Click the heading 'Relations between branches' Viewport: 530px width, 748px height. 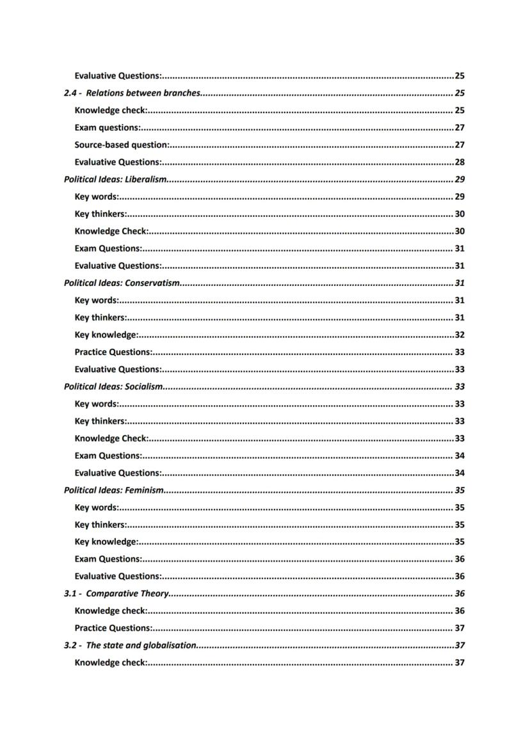(x=143, y=93)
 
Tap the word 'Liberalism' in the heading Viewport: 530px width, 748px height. (x=146, y=180)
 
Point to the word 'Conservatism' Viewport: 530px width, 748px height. (x=152, y=283)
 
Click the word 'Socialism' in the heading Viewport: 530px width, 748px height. (x=144, y=387)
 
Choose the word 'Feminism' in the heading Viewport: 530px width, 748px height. (x=145, y=491)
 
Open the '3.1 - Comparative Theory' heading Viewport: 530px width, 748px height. (x=116, y=594)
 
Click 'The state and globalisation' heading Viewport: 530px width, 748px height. (x=141, y=646)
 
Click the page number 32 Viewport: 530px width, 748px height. (x=460, y=335)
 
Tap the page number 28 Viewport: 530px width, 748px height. (x=460, y=163)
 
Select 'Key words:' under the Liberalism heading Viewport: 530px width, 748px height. (x=97, y=197)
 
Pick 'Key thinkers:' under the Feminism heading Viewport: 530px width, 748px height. (x=100, y=525)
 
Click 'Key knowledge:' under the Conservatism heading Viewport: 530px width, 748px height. (x=106, y=335)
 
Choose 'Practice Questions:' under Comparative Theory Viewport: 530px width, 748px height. (x=113, y=628)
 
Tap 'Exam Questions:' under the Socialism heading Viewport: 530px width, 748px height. (x=108, y=456)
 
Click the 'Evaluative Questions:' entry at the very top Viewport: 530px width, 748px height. (x=118, y=76)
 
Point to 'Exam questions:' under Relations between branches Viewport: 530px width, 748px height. (x=108, y=128)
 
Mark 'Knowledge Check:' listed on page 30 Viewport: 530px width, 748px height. (x=111, y=232)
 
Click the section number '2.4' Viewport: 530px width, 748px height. (x=70, y=93)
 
